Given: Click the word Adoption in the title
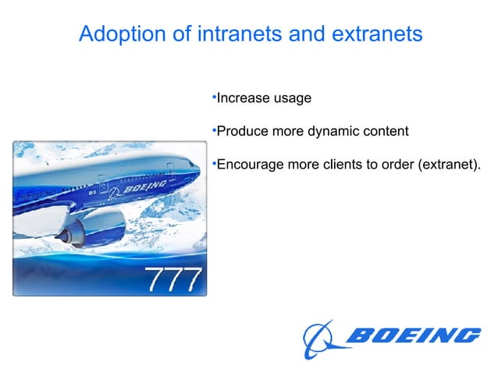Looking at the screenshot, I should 118,35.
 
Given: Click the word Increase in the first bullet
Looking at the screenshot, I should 241,98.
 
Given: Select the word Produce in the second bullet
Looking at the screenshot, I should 241,131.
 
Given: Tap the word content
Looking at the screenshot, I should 383,131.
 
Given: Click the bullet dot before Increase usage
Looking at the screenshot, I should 214,97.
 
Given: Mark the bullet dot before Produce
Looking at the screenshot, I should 214,130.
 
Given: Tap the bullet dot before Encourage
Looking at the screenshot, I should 214,162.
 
